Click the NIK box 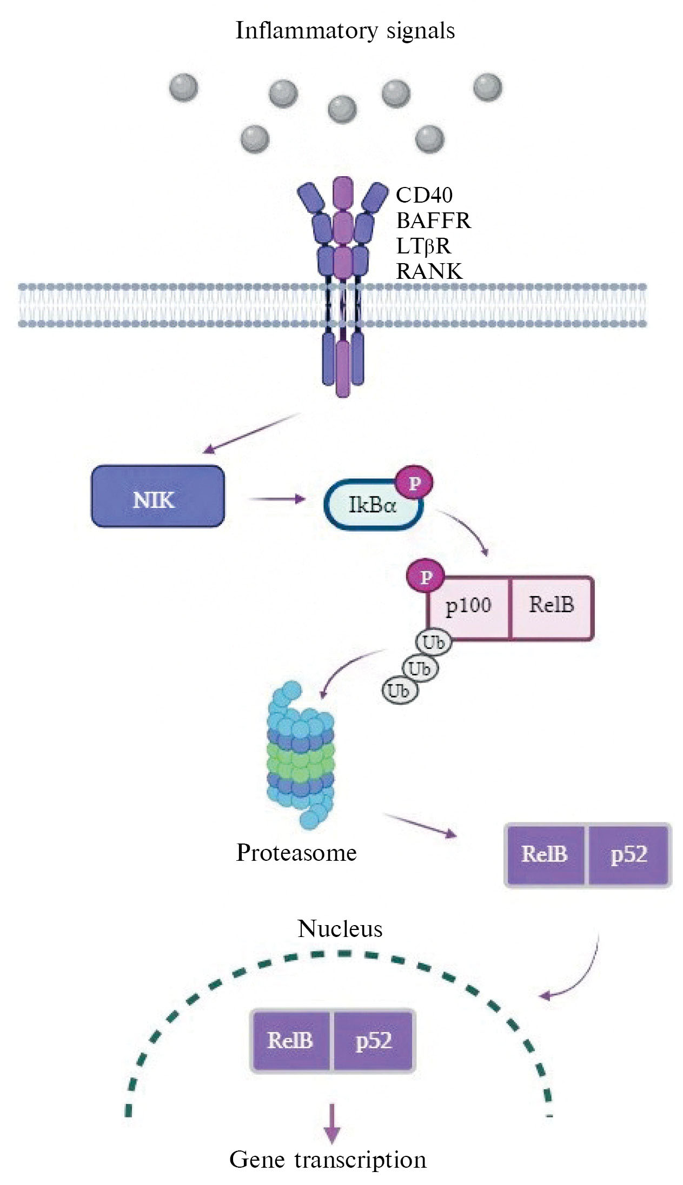click(157, 496)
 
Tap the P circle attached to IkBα click(414, 483)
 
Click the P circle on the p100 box click(426, 578)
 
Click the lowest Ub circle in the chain click(400, 691)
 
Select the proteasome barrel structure click(300, 754)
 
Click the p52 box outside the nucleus click(629, 854)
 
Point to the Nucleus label click(340, 929)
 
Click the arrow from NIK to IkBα click(276, 499)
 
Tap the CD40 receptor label click(424, 195)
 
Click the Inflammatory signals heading click(345, 31)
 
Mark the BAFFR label click(433, 220)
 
